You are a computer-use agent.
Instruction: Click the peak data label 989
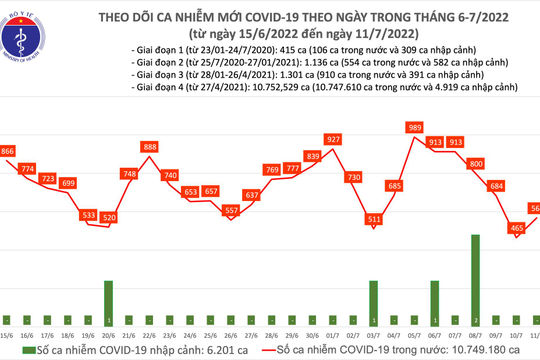[414, 128]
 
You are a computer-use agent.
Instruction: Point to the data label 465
[516, 228]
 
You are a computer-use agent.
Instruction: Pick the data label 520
[109, 217]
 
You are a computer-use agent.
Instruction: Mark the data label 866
[8, 151]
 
